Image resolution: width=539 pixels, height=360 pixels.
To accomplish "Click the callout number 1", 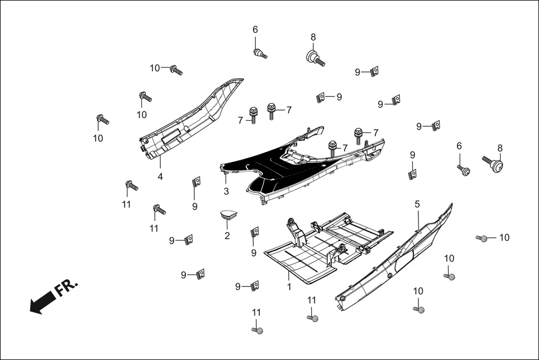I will click(x=289, y=287).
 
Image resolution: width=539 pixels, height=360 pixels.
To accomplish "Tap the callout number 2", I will click(x=227, y=236).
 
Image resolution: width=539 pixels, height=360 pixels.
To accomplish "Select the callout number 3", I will click(x=226, y=191).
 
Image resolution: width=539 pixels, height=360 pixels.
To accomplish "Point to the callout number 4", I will click(x=160, y=176).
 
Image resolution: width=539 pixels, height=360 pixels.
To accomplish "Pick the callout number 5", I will click(x=417, y=204).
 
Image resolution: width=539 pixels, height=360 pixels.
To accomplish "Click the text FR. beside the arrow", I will click(x=66, y=289).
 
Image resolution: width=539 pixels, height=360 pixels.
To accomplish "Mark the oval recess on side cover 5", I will click(x=403, y=262).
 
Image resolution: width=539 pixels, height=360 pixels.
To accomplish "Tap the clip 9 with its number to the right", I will click(x=321, y=97).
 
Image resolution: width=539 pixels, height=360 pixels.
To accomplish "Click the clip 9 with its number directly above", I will click(x=413, y=174).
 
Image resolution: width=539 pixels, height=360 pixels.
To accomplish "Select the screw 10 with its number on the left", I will click(x=176, y=70).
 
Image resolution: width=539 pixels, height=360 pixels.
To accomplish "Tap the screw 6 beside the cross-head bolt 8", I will click(x=462, y=170).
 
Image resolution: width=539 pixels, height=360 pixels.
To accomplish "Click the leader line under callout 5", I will click(x=417, y=218).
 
